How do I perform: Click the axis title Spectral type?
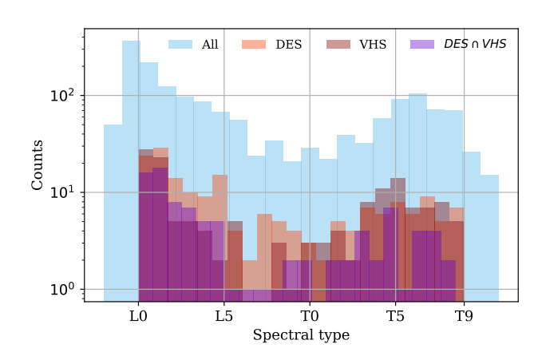[x=301, y=335]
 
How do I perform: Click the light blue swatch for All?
[x=180, y=45]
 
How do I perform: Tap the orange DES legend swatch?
[x=255, y=45]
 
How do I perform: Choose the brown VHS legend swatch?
[x=338, y=45]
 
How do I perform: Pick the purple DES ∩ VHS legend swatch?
[x=422, y=45]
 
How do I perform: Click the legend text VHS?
[x=373, y=45]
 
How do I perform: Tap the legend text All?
[x=210, y=45]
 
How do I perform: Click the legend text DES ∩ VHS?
[x=475, y=45]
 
